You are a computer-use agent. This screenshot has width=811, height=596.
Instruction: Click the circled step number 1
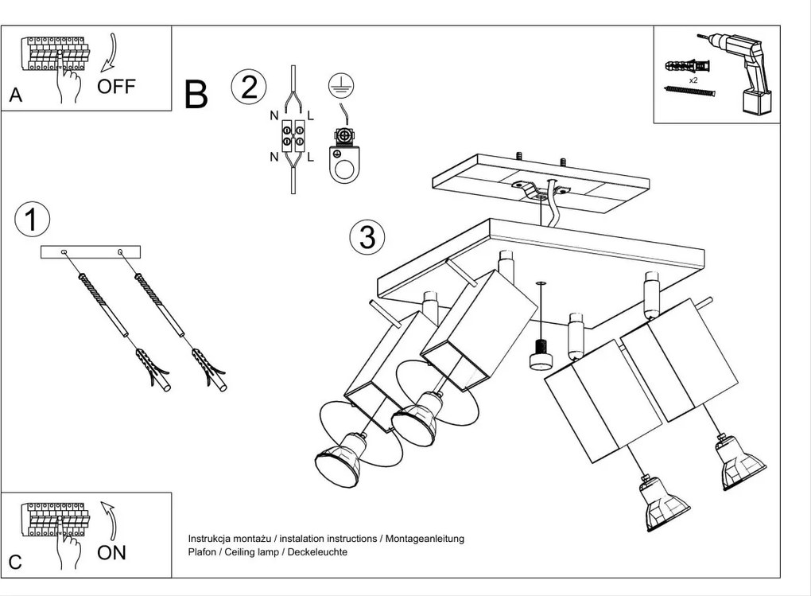click(x=32, y=219)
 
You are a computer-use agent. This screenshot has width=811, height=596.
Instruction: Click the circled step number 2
click(x=249, y=87)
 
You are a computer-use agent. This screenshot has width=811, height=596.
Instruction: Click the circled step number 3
click(x=367, y=236)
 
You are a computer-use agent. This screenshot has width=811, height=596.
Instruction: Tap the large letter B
click(x=196, y=95)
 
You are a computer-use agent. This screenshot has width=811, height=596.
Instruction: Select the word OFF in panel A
click(x=116, y=87)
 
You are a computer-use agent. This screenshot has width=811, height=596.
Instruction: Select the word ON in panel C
click(x=111, y=552)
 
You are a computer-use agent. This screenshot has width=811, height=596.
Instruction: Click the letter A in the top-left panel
click(x=15, y=95)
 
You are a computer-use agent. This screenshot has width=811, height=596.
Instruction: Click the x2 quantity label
click(x=693, y=80)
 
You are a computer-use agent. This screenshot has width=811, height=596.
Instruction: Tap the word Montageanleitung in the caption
click(x=425, y=539)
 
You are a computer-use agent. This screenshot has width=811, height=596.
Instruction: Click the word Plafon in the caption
click(x=202, y=551)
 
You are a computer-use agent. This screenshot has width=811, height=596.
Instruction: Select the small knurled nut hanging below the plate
click(x=541, y=355)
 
